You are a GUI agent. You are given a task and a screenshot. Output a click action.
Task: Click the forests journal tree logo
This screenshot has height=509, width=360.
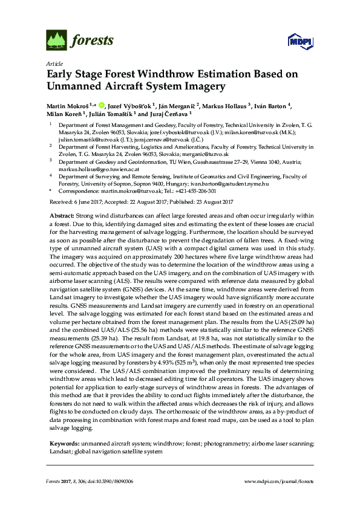coord(56,41)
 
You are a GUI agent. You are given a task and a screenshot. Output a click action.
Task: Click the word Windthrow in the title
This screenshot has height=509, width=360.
coord(154,74)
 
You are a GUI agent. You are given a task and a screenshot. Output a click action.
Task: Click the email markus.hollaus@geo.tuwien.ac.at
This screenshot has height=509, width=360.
coord(91,170)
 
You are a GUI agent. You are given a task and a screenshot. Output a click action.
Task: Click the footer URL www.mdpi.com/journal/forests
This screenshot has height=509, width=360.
coord(278,481)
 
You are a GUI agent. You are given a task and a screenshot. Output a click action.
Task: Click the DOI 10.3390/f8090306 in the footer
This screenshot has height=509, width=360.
coord(113,481)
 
